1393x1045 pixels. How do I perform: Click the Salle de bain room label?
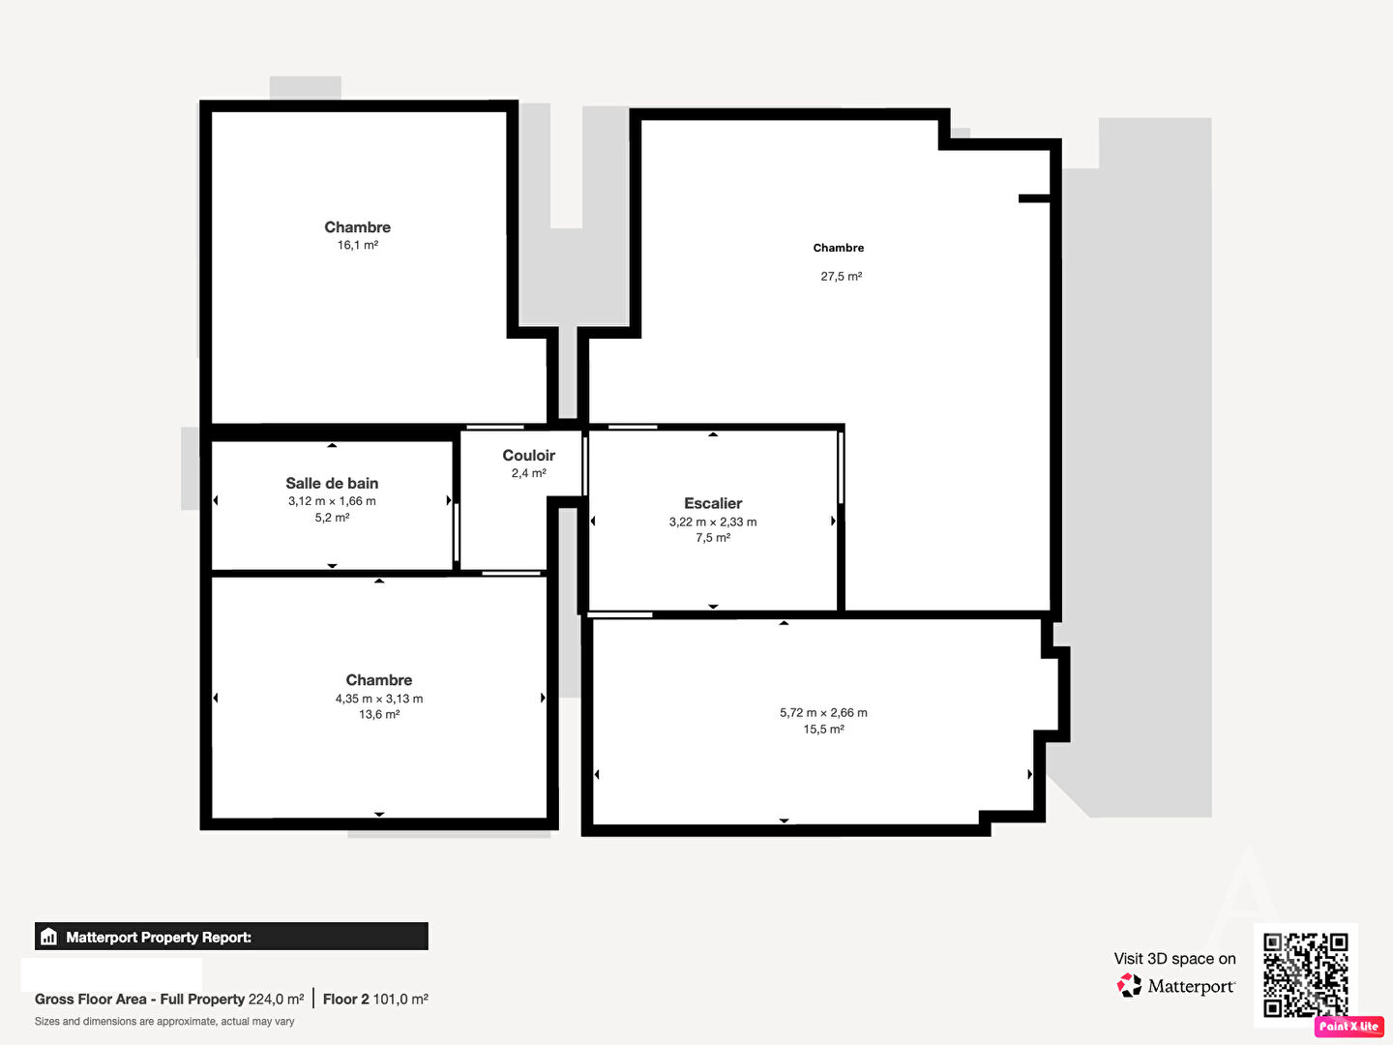coord(332,484)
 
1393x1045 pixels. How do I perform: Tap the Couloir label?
coord(528,456)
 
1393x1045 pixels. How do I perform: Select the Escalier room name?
coord(713,504)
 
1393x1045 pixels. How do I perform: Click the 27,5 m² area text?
coord(841,277)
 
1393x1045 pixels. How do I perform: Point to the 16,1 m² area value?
coord(357,246)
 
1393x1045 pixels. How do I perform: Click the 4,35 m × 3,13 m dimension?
coord(379,699)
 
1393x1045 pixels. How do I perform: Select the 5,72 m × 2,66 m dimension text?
coord(823,713)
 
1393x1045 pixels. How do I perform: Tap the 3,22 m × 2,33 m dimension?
coord(713,522)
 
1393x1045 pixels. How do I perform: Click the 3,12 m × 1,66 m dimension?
coord(332,501)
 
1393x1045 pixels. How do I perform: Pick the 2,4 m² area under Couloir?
coord(528,473)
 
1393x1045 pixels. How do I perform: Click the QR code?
coord(1305,974)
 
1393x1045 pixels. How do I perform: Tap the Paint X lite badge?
coord(1349,1026)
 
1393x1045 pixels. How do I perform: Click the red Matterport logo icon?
coord(1129,985)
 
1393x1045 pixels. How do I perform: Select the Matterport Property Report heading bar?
coord(231,937)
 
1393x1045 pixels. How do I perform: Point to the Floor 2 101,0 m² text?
coord(375,1000)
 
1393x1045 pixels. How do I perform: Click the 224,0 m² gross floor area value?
coord(276,1000)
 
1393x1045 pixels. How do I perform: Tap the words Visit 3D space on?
coord(1174,959)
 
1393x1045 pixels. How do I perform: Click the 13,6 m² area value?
coord(379,715)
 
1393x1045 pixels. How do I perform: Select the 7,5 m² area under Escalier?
coord(713,538)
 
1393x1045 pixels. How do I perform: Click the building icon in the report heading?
coord(49,937)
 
